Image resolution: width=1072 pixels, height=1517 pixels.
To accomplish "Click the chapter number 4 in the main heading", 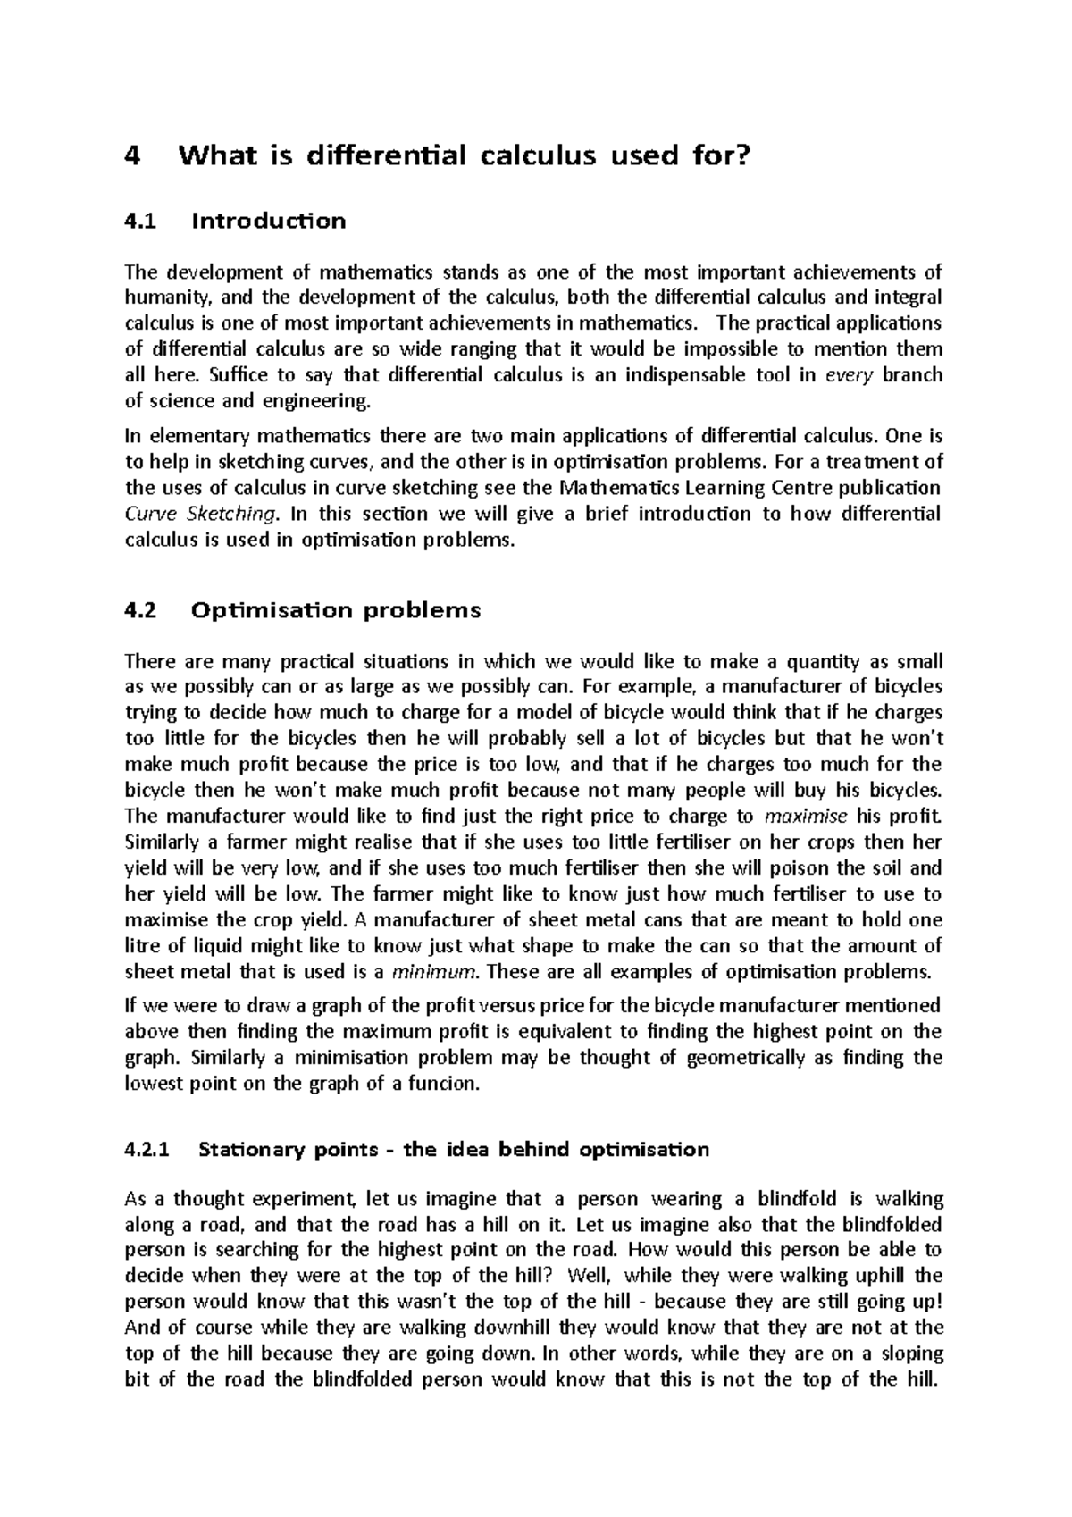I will pyautogui.click(x=133, y=157).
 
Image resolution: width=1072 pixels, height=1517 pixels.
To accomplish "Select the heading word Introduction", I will pyautogui.click(x=268, y=221).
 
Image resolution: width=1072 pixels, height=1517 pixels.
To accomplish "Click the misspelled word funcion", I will pyautogui.click(x=440, y=1085).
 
